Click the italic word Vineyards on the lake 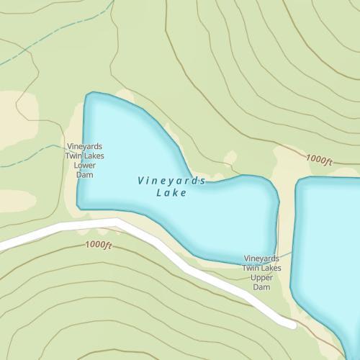(x=171, y=181)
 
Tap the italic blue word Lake (x=171, y=193)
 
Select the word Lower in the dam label (x=85, y=165)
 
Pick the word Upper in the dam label (x=261, y=278)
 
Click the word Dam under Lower (x=85, y=174)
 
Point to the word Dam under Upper (x=261, y=287)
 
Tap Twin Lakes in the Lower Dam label (x=85, y=156)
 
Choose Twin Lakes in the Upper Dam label (x=261, y=269)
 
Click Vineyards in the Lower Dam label (x=85, y=146)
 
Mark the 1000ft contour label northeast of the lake (x=319, y=159)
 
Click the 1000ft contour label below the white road (x=99, y=246)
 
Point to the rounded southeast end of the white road (x=292, y=324)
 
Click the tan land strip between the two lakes (x=287, y=216)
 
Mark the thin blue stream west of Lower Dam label (x=36, y=154)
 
